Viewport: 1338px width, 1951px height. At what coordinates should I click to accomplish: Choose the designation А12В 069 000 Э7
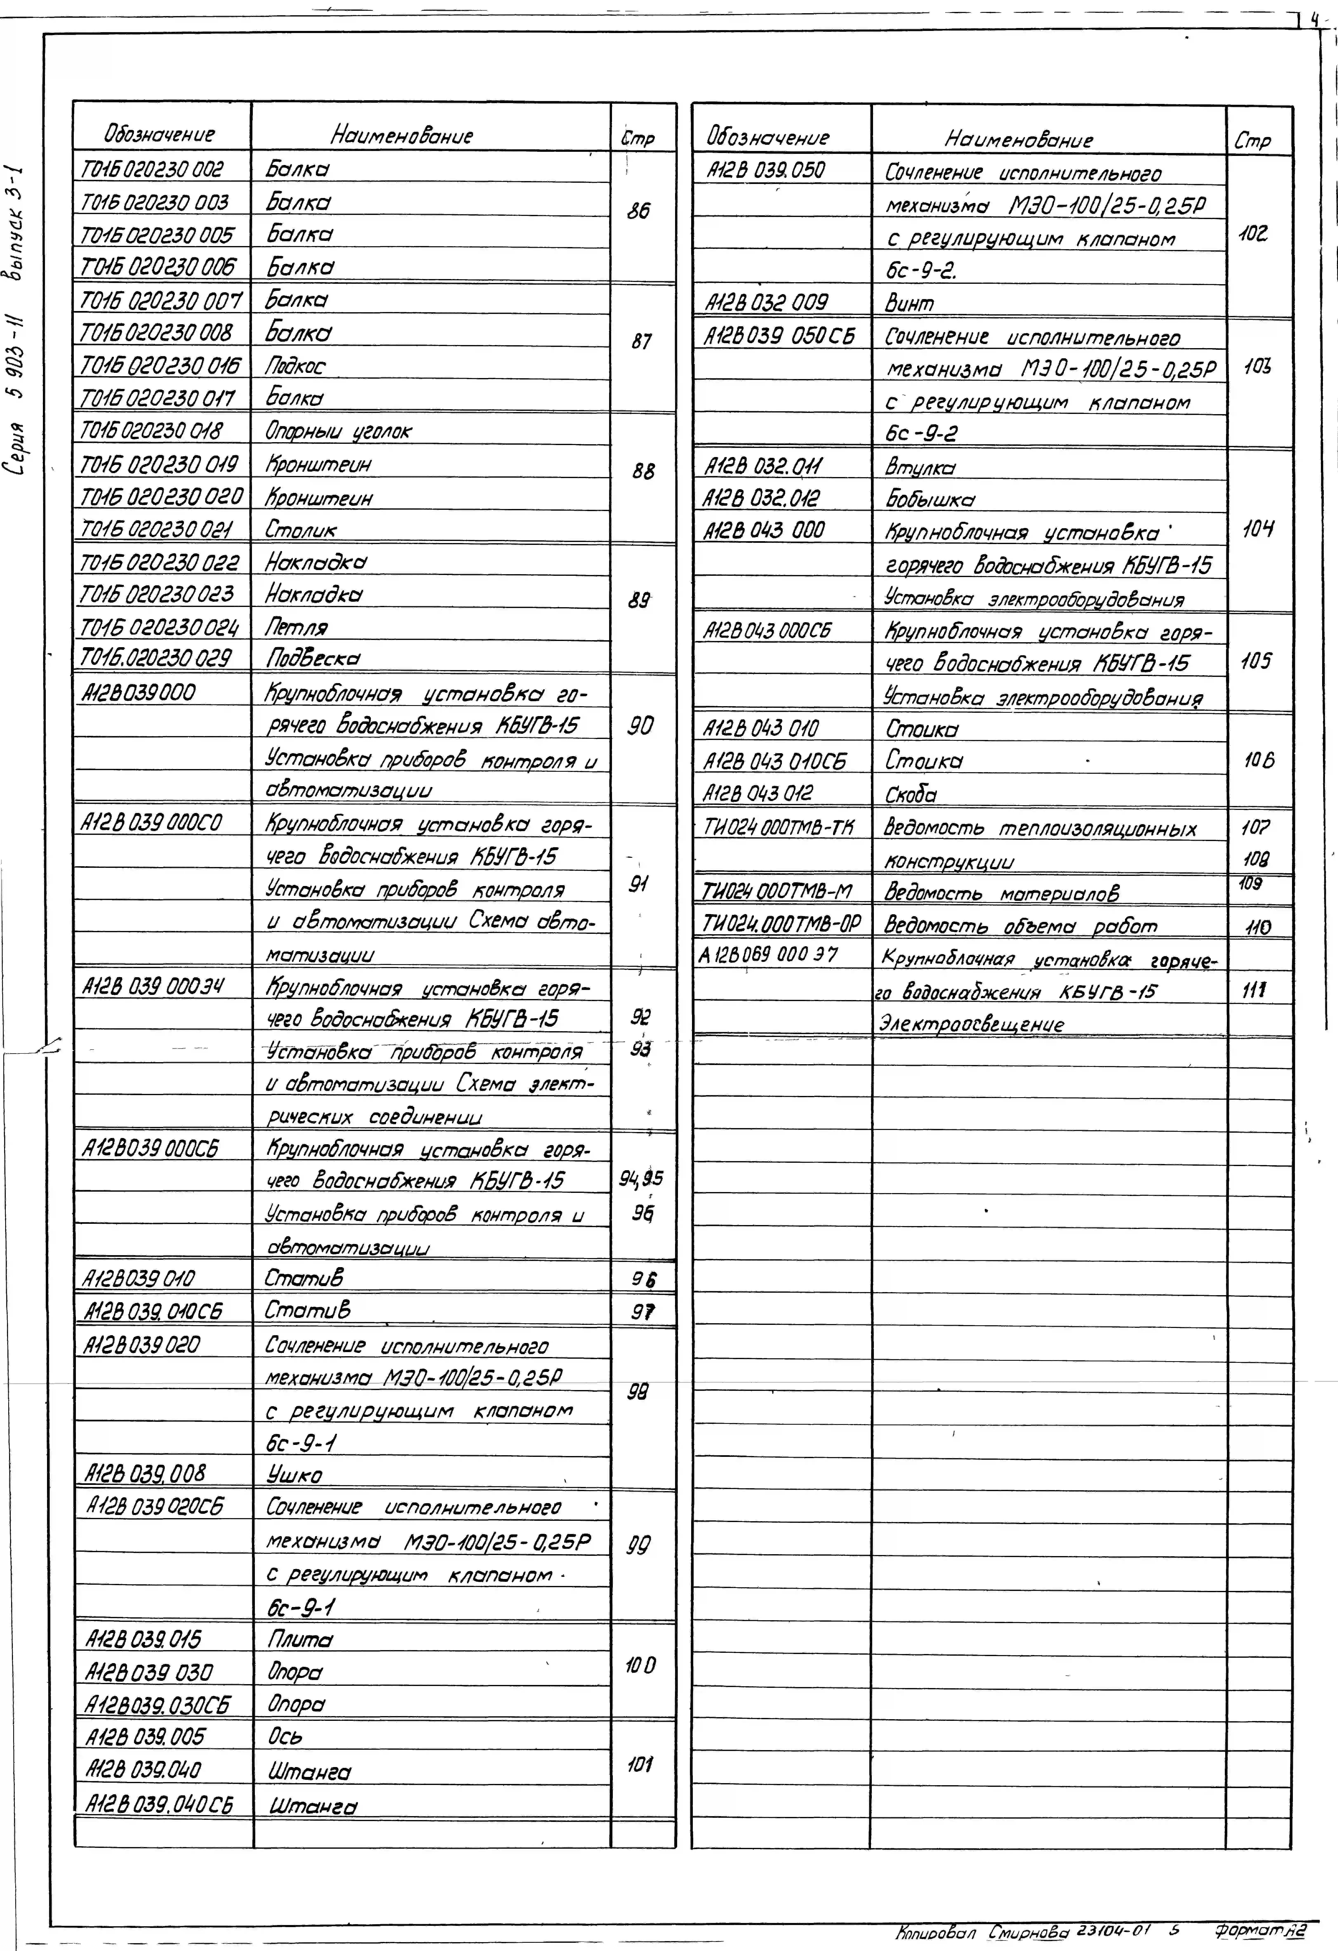tap(768, 954)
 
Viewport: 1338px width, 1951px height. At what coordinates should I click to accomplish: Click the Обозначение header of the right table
tap(767, 137)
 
